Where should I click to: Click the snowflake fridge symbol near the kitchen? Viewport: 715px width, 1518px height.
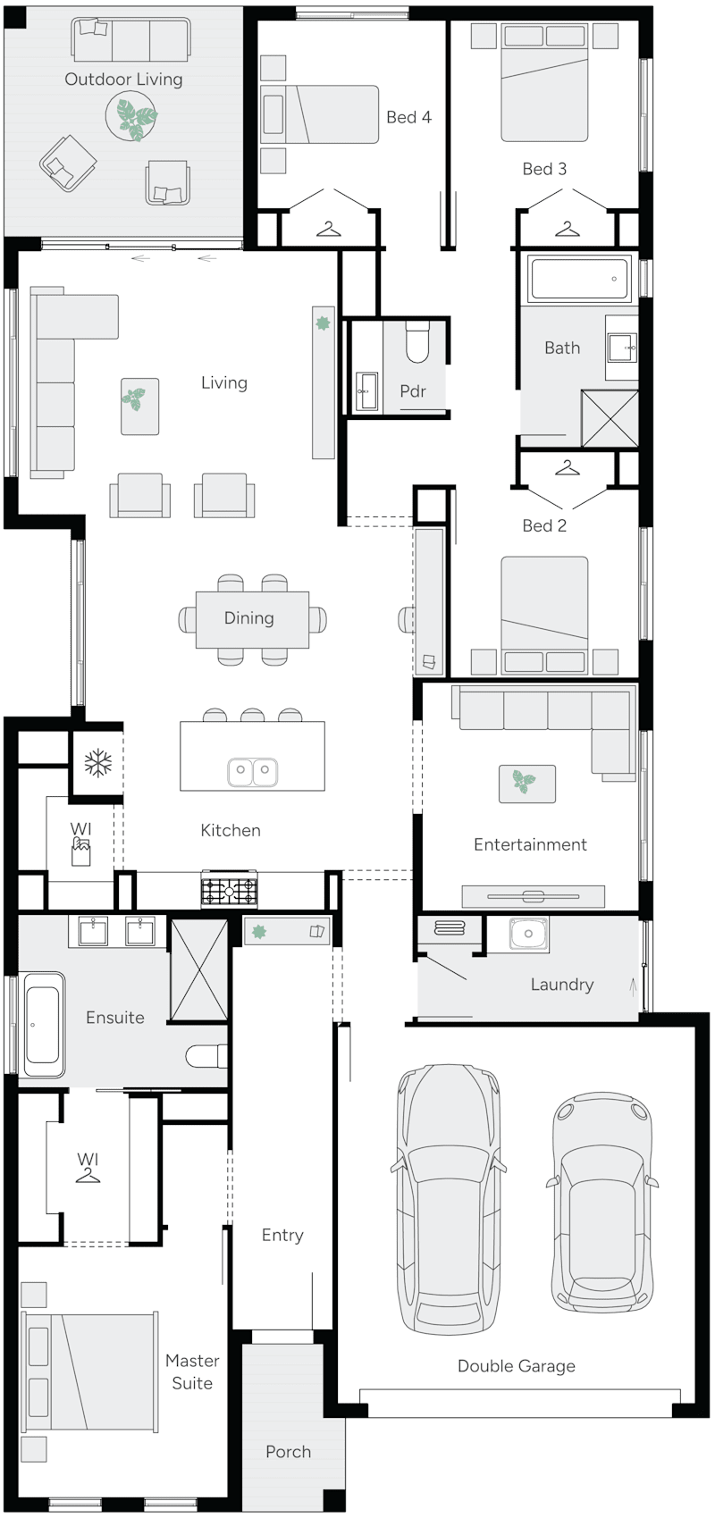tap(97, 763)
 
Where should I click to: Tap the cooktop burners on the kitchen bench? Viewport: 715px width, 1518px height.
tap(229, 891)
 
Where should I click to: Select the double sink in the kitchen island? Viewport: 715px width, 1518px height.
tap(252, 771)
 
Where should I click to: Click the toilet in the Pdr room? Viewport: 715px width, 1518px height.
tap(417, 343)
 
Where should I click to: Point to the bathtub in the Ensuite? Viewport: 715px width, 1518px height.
tap(43, 1025)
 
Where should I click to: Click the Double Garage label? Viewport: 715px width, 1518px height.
tap(516, 1365)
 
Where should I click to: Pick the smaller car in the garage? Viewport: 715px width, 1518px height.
tap(601, 1202)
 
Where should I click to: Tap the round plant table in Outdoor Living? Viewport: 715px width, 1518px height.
tap(132, 117)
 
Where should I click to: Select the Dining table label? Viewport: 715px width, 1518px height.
tap(248, 617)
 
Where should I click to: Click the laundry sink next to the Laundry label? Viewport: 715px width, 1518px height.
tap(528, 935)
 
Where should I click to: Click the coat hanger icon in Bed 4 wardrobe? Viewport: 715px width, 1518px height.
tap(329, 230)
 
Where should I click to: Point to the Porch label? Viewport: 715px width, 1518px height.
tap(288, 1451)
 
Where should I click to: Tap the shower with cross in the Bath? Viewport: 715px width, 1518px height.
tap(610, 418)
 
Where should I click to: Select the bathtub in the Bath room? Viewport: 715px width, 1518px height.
tap(578, 278)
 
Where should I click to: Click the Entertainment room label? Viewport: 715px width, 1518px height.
tap(530, 844)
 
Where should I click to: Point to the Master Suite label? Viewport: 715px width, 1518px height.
tap(192, 1371)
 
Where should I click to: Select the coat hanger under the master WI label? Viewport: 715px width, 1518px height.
tap(88, 1175)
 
